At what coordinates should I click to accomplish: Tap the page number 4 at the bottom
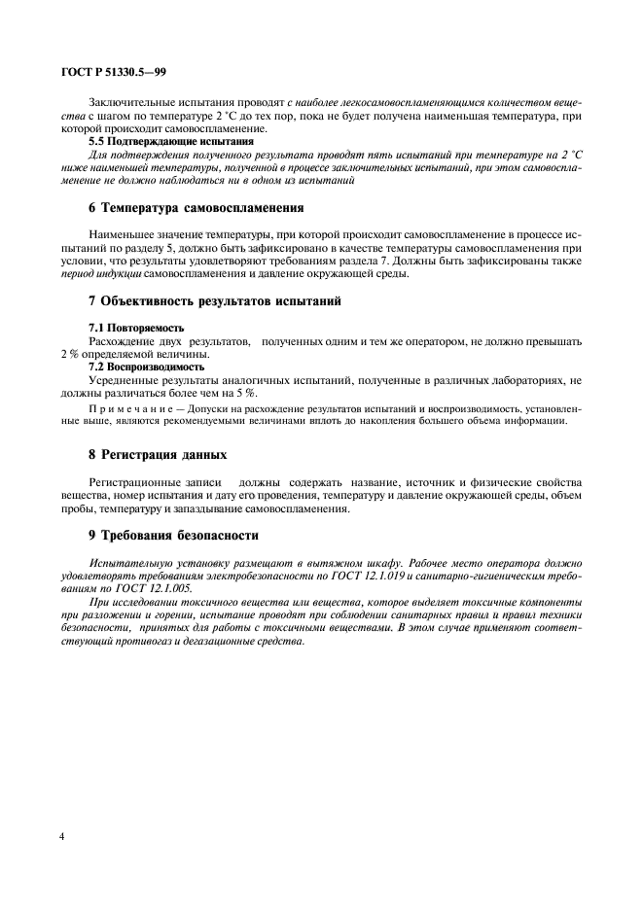coord(62,835)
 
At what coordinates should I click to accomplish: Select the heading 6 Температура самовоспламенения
coord(196,207)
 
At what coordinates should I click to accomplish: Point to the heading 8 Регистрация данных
coord(158,454)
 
